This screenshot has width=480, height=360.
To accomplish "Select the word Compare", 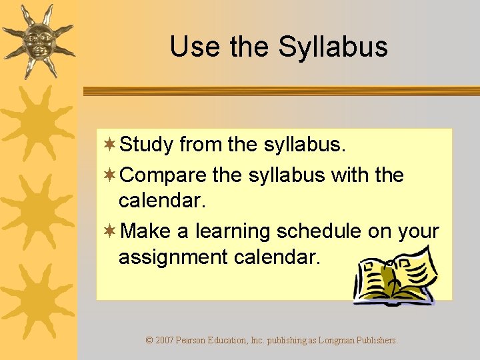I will pyautogui.click(x=164, y=176).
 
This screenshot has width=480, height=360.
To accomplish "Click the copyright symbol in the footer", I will pyautogui.click(x=149, y=341).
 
